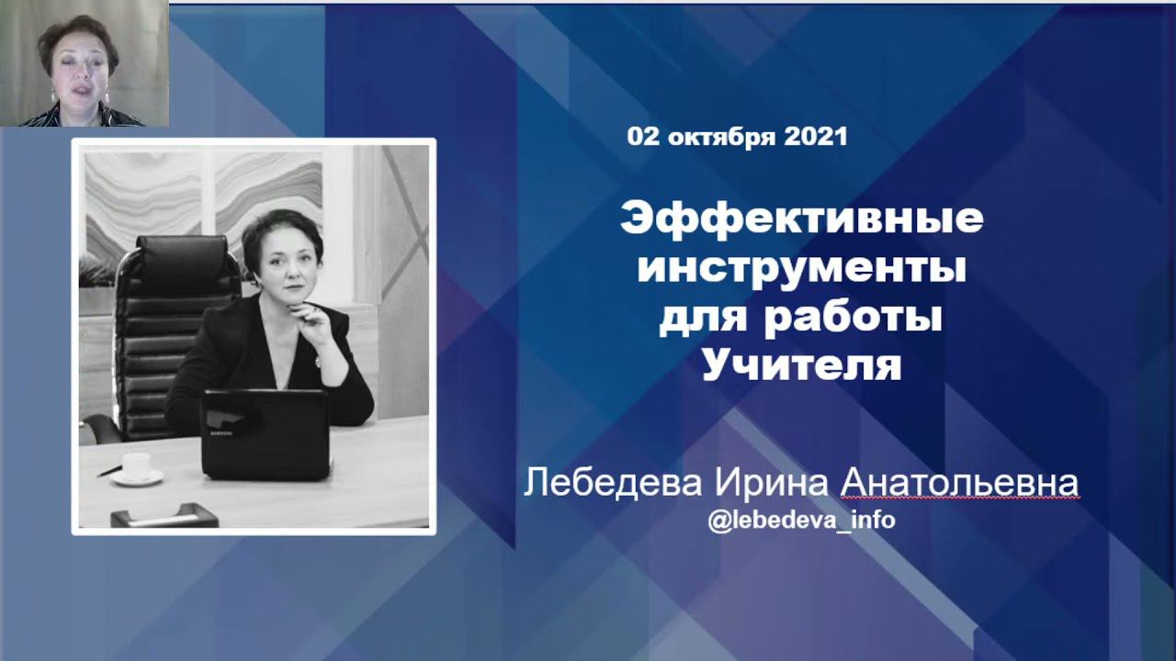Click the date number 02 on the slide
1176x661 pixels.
642,137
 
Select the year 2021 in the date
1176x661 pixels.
816,137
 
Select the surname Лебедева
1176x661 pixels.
613,483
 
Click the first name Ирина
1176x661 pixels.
771,483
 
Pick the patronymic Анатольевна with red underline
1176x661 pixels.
960,483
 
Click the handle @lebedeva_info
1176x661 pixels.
802,521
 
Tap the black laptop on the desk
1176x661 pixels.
266,434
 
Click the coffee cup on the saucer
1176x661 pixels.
137,465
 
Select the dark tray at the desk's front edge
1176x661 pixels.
164,515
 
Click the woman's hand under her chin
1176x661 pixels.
315,318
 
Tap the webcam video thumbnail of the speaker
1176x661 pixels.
85,63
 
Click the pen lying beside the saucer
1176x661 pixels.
109,471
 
